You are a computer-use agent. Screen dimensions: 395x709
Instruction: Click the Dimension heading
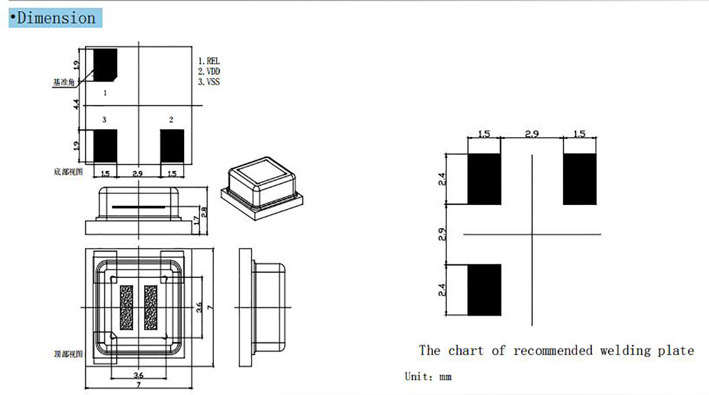(55, 18)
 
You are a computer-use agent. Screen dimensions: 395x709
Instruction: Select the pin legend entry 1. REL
(209, 61)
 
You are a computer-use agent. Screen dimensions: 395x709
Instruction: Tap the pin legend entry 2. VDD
(209, 71)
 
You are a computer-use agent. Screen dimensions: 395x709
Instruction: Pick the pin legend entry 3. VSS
(209, 82)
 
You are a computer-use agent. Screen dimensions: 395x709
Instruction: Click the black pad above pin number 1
(105, 65)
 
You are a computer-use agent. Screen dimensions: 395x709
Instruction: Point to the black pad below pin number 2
(172, 146)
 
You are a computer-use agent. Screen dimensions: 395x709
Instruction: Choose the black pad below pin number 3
(105, 146)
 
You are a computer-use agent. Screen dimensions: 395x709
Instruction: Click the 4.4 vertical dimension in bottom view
(76, 104)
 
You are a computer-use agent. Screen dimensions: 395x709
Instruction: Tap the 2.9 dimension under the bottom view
(138, 173)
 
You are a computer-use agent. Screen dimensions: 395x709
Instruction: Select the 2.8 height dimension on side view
(204, 212)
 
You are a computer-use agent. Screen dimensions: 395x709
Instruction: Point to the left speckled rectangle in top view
(127, 308)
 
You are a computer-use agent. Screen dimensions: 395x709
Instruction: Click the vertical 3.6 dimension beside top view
(199, 307)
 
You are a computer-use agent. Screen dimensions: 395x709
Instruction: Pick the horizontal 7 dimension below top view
(138, 385)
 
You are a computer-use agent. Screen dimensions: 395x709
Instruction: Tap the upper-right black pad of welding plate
(580, 179)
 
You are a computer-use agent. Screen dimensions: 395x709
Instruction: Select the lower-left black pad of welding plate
(484, 290)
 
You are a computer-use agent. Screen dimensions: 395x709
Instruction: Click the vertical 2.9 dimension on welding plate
(442, 234)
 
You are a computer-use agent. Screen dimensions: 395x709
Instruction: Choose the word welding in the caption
(625, 350)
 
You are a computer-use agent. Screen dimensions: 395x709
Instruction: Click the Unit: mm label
(428, 376)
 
